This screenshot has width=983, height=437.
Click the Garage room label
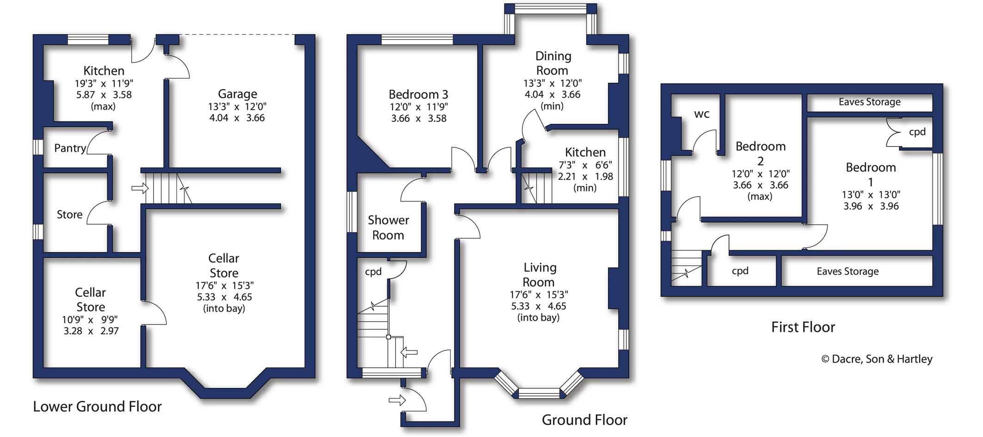[237, 94]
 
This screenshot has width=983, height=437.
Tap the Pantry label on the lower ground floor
[70, 148]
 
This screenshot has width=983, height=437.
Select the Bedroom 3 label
[418, 95]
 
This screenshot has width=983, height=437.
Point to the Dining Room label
[553, 63]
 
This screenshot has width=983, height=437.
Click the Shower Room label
[388, 228]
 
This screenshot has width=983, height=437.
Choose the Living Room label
[539, 275]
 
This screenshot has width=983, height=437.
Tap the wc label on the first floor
[701, 114]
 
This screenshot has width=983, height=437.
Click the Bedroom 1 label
[871, 174]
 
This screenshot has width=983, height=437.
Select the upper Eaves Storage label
[869, 102]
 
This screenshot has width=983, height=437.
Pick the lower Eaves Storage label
[848, 271]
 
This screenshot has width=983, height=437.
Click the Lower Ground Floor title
[97, 406]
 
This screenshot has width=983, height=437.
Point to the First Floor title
[803, 327]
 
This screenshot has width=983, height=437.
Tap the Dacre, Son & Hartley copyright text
[877, 359]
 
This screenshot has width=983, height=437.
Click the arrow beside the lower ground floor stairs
[140, 188]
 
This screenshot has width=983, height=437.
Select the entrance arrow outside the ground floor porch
[397, 400]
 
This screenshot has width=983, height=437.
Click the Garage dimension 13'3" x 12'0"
[237, 106]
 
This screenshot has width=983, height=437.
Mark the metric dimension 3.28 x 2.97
[91, 331]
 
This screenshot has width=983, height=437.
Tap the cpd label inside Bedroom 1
[917, 132]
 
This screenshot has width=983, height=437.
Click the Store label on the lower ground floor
[69, 215]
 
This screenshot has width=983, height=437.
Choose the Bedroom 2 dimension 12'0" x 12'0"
[761, 174]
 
